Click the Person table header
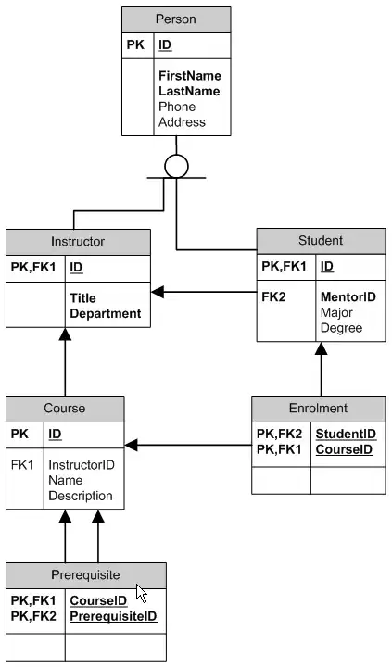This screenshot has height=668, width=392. [176, 19]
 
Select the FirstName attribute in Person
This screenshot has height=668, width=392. [189, 75]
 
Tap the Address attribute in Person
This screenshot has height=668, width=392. [182, 122]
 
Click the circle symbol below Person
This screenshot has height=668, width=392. [176, 166]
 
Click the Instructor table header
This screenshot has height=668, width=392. [78, 241]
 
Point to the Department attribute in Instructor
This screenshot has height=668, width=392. [105, 313]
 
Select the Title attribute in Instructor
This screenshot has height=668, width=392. [82, 298]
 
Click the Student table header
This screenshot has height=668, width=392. [321, 240]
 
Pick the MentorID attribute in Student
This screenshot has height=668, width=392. [348, 296]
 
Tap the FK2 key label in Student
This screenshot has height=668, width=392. [272, 296]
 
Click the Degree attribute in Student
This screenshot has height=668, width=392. [340, 328]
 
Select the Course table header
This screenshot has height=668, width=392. [65, 408]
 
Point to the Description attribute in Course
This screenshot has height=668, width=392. [81, 496]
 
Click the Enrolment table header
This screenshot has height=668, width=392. [318, 408]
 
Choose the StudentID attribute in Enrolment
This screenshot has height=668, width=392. [345, 434]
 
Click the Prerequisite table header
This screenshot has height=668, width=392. [85, 574]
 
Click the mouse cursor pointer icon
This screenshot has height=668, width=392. [142, 594]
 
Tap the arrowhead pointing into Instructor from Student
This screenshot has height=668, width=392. [157, 293]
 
